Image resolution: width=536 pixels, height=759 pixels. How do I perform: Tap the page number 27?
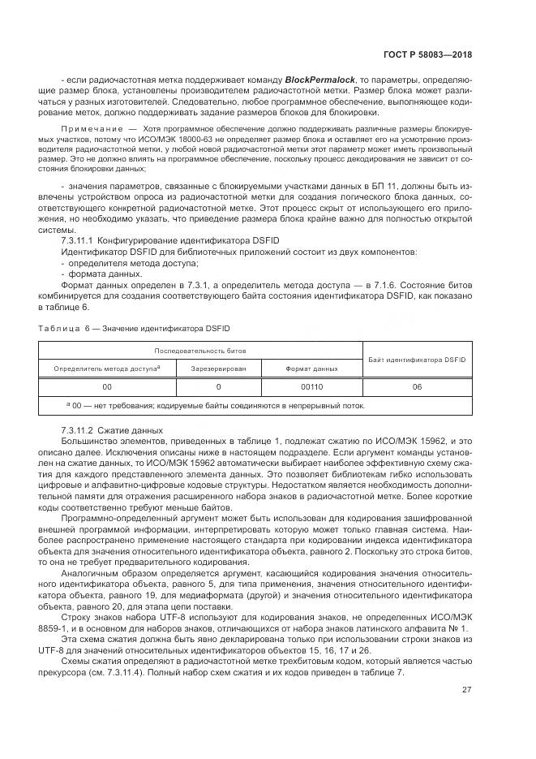click(x=467, y=690)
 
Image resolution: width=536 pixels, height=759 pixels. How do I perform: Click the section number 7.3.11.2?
click(x=78, y=430)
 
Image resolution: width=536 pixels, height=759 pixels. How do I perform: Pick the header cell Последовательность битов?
click(x=201, y=351)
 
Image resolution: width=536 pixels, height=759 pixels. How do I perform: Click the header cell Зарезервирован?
click(x=218, y=369)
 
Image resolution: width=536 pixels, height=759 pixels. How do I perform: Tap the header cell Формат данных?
click(x=311, y=369)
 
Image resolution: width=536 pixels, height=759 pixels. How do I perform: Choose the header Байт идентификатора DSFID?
click(x=417, y=360)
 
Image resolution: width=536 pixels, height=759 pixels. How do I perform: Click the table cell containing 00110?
click(x=311, y=387)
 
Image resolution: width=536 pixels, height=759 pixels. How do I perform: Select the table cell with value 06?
click(x=417, y=387)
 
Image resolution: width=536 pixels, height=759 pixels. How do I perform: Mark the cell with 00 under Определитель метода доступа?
click(x=107, y=387)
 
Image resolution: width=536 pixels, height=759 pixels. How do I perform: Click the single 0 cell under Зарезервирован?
click(x=218, y=387)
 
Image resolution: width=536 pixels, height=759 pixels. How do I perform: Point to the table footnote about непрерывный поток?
click(x=215, y=406)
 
